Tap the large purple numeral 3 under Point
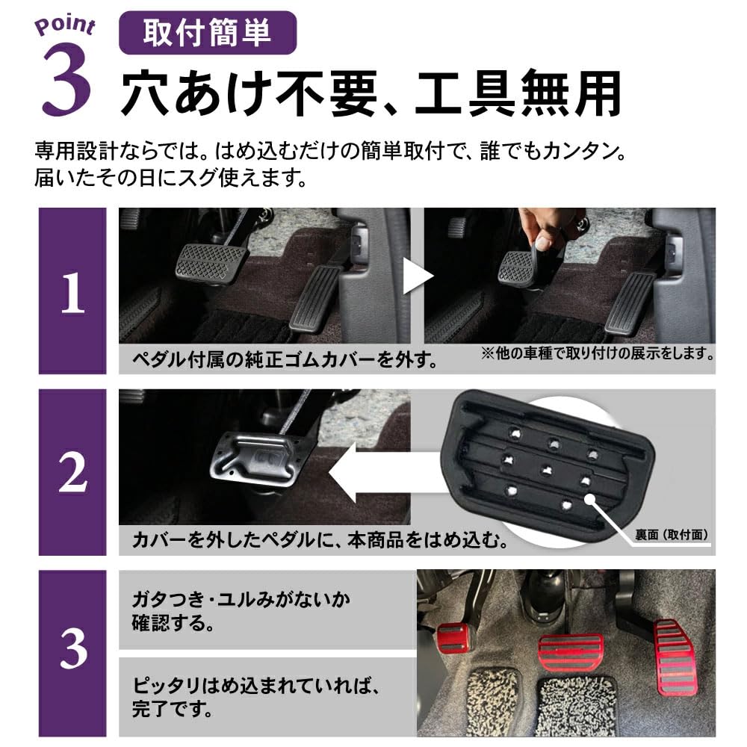66,84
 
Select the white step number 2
72,472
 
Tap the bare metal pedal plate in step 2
258,459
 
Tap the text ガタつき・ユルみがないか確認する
241,610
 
